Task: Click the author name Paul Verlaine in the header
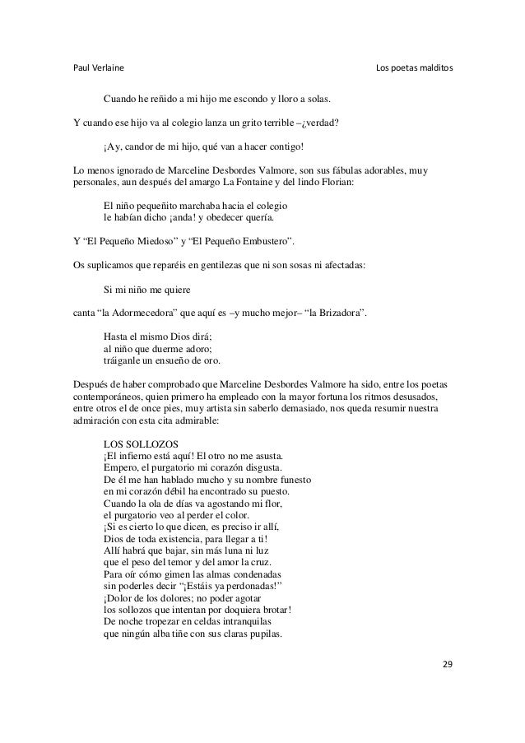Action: point(100,67)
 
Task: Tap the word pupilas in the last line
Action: point(262,634)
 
